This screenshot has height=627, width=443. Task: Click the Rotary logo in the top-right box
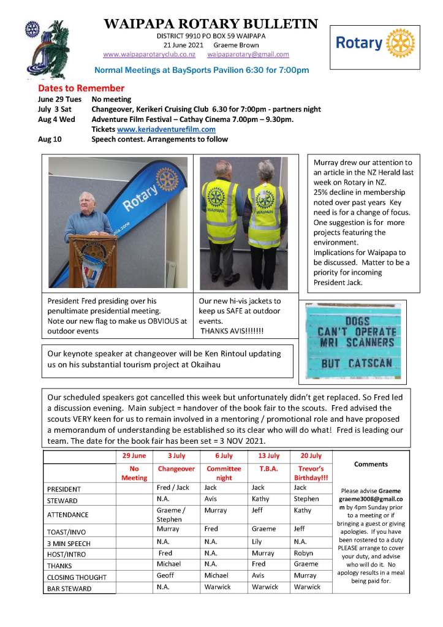(x=375, y=43)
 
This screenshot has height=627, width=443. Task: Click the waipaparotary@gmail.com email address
(x=248, y=54)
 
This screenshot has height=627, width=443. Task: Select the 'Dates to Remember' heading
(x=81, y=88)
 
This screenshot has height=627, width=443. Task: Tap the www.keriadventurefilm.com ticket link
(x=162, y=129)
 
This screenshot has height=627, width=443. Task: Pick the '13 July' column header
(x=265, y=456)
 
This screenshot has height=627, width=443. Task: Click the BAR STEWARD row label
(x=69, y=588)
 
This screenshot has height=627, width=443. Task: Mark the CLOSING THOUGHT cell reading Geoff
(x=165, y=576)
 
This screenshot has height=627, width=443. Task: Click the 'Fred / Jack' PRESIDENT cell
(x=172, y=488)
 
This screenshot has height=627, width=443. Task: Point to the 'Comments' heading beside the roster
(x=371, y=464)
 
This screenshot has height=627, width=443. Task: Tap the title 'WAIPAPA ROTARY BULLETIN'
(x=211, y=25)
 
